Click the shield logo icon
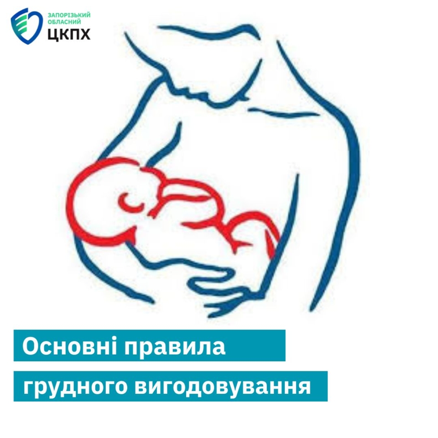point(27,26)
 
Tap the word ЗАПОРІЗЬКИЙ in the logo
point(69,15)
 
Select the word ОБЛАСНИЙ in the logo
point(64,22)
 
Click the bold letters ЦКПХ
point(69,34)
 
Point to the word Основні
point(69,346)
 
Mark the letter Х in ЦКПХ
point(85,34)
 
